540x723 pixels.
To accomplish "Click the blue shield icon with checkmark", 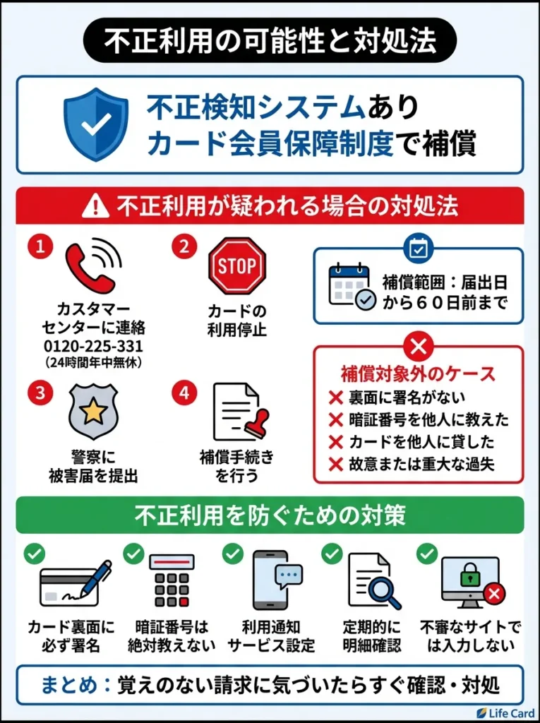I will (x=96, y=124).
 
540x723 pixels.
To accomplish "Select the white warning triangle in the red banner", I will (x=95, y=207).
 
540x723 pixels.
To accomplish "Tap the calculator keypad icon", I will (x=172, y=581).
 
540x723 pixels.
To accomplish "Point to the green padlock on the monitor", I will (x=469, y=578).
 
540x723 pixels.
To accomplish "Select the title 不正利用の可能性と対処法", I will (x=270, y=41).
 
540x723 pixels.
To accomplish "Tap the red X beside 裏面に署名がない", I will (x=337, y=398).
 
